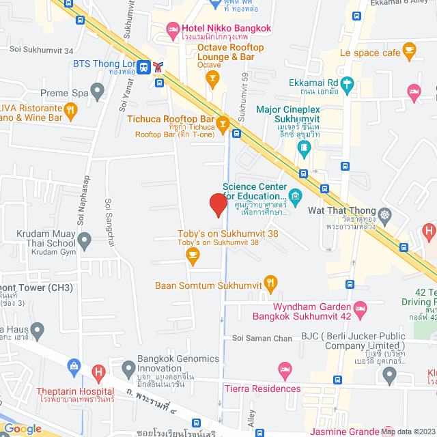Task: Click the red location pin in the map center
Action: click(218, 204)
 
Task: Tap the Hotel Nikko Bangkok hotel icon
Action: click(172, 29)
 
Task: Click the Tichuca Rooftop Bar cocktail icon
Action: click(223, 123)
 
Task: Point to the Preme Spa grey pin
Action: click(98, 89)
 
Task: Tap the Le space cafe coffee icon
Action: click(409, 49)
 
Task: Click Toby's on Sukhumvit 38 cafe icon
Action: click(193, 255)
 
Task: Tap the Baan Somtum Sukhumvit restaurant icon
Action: click(270, 281)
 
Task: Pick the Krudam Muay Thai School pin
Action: click(85, 240)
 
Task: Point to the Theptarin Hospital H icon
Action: click(100, 373)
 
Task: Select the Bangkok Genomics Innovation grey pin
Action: click(128, 370)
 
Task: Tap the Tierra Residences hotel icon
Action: click(285, 371)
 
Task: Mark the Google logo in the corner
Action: click(23, 428)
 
